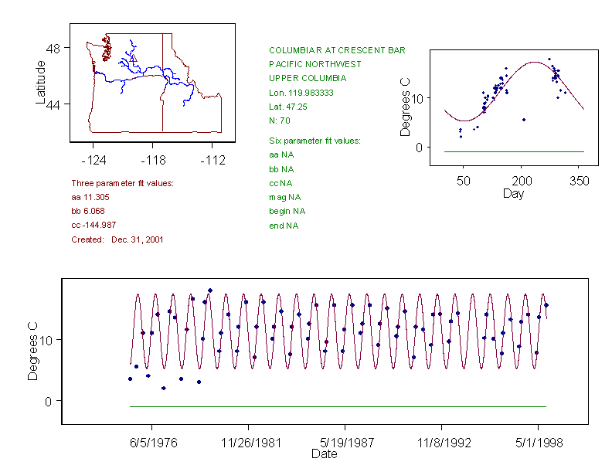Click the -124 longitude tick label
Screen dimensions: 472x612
[x=93, y=160]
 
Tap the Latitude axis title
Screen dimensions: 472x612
[x=41, y=82]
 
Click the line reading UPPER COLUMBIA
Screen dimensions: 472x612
[x=308, y=78]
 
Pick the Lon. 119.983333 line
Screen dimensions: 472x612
[x=301, y=93]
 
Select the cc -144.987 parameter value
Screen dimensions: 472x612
[x=93, y=226]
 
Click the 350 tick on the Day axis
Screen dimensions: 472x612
[x=580, y=181]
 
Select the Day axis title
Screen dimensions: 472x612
[x=512, y=193]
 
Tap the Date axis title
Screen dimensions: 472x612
[x=324, y=455]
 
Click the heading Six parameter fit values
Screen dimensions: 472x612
[x=314, y=141]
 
